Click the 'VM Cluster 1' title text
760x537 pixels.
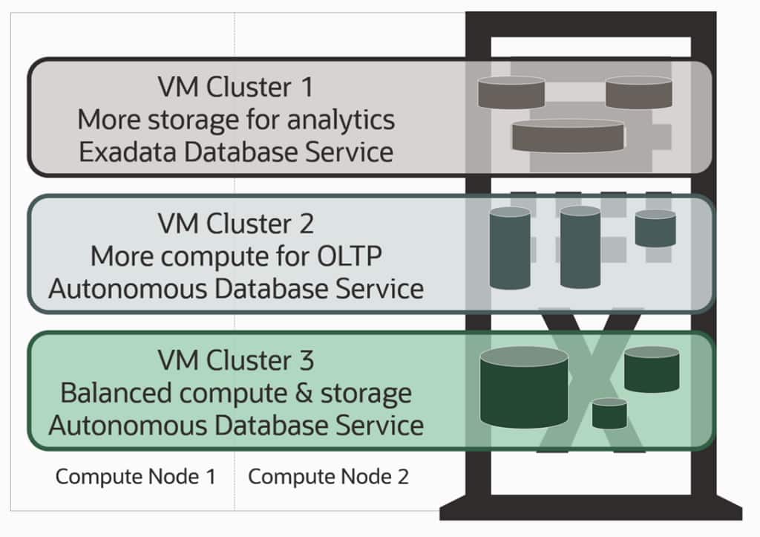coord(235,88)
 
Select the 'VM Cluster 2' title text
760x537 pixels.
coord(235,223)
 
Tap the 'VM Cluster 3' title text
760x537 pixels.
coord(235,361)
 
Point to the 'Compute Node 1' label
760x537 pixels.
coord(135,477)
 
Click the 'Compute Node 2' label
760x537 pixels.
coord(328,477)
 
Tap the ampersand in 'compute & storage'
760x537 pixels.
coord(302,393)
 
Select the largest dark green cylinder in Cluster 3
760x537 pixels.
coord(524,388)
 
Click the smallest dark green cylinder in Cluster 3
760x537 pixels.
coord(609,414)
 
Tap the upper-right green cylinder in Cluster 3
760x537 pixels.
coord(652,369)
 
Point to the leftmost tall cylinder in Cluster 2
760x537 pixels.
coord(510,248)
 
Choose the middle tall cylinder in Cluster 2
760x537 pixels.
coord(580,247)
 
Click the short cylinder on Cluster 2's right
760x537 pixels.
coord(655,229)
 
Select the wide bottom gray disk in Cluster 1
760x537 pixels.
coord(568,136)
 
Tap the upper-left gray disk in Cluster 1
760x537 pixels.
coord(511,93)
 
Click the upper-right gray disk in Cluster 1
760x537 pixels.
coord(638,92)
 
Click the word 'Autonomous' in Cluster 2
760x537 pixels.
coord(127,288)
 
